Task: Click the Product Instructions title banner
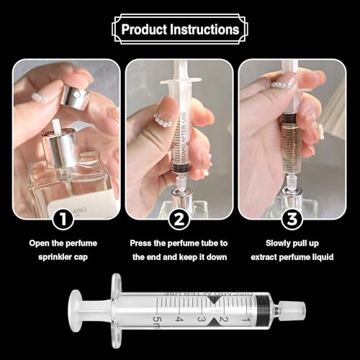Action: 180,30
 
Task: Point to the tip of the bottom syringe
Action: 297,311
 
